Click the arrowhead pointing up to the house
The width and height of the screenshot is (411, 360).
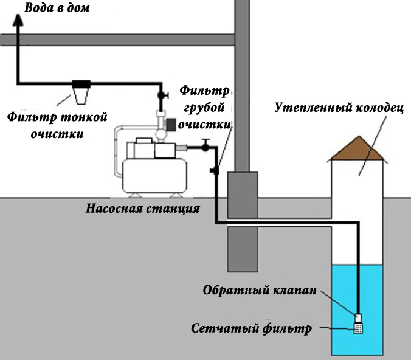(18, 20)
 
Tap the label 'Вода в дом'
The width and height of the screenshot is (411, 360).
(57, 8)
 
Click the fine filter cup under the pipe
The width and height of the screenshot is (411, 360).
(81, 95)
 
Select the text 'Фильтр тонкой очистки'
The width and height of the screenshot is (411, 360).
(57, 125)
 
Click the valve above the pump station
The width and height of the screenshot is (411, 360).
(162, 95)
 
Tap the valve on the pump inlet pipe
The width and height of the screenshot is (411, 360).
(206, 145)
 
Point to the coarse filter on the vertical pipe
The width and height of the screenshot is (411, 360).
(215, 171)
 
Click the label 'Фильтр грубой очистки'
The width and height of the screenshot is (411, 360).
(204, 108)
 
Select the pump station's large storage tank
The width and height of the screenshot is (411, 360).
(154, 176)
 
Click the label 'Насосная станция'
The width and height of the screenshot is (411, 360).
(143, 209)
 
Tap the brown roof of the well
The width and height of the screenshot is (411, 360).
(359, 148)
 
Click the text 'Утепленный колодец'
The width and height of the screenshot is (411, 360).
(339, 108)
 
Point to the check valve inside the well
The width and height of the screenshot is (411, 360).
(358, 318)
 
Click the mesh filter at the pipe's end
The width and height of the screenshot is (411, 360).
(358, 328)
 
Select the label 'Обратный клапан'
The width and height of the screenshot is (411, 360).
(260, 290)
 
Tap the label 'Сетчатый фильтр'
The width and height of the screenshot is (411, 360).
(251, 328)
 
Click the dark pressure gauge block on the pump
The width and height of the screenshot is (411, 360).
(171, 125)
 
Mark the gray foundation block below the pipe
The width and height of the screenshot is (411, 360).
(243, 249)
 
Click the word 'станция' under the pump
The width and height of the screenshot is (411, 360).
(173, 209)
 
